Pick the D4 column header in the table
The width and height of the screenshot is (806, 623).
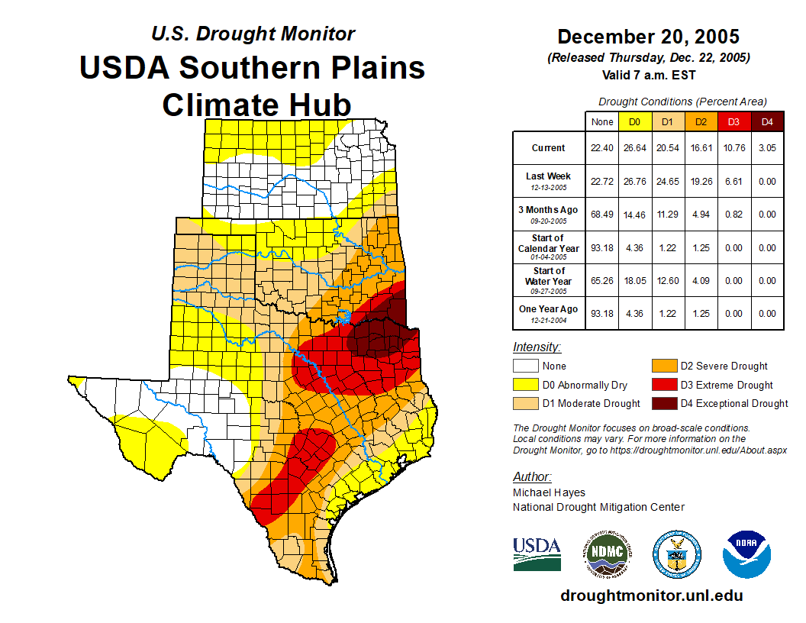point(767,121)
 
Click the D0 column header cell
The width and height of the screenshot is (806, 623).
point(635,121)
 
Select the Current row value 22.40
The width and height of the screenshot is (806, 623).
point(602,148)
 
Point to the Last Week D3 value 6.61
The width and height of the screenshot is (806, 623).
point(734,182)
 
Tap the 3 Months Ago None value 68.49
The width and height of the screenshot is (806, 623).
point(602,215)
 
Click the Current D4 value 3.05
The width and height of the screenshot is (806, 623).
point(767,148)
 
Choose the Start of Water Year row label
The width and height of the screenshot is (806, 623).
point(549,281)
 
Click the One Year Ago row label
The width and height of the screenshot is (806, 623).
point(549,313)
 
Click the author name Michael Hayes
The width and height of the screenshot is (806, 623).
point(549,492)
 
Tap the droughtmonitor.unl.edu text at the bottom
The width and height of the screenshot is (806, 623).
point(651,596)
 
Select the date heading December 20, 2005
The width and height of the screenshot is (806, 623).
point(648,37)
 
